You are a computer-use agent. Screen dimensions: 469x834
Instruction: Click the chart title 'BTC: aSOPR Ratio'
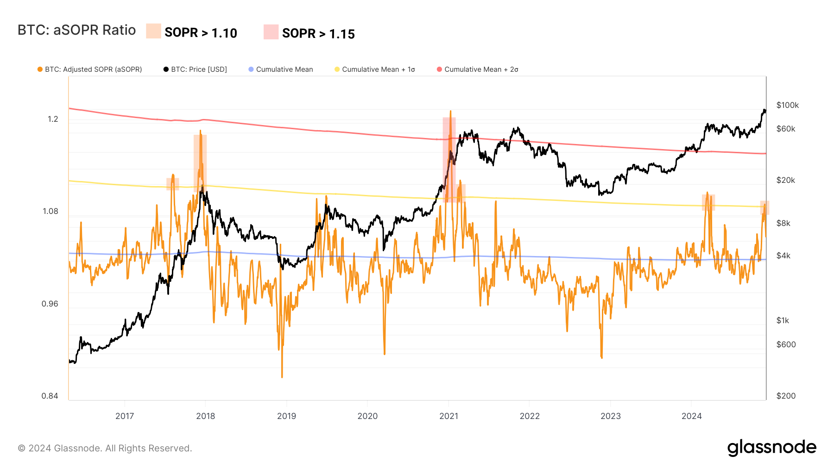click(x=76, y=30)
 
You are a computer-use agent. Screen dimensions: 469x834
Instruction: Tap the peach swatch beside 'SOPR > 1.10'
click(x=153, y=31)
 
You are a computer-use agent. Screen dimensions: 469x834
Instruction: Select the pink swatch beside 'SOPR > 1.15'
click(x=271, y=32)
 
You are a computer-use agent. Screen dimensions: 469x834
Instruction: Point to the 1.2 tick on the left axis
click(x=53, y=119)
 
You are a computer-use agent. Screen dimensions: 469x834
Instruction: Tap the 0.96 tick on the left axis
click(x=50, y=304)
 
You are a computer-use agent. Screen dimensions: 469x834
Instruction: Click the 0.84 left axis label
click(x=50, y=396)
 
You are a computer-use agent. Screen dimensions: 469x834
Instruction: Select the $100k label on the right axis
click(x=787, y=105)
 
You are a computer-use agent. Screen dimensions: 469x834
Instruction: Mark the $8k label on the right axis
click(x=783, y=223)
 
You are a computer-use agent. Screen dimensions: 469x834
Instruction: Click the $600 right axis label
click(x=786, y=344)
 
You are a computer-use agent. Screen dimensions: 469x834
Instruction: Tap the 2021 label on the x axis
click(x=449, y=416)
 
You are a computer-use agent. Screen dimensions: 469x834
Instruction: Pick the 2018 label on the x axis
click(x=205, y=416)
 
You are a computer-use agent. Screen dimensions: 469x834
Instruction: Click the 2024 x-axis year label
click(x=691, y=416)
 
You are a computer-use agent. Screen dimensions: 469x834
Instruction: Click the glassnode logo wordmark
click(x=771, y=448)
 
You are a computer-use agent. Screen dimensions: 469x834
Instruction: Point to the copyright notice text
click(x=105, y=448)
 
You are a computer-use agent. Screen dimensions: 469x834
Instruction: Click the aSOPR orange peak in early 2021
click(x=450, y=112)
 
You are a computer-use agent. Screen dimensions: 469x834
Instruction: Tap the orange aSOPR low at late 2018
click(x=282, y=376)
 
